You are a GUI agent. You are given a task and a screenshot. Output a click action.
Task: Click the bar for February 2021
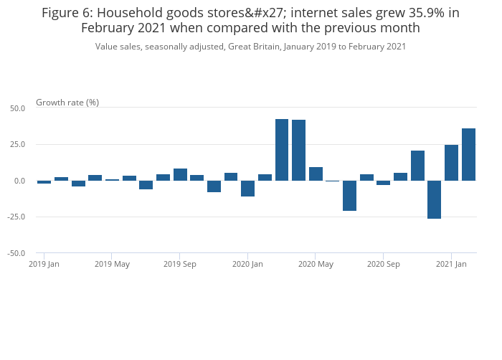pyautogui.click(x=468, y=154)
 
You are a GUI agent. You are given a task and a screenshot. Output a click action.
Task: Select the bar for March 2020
pyautogui.click(x=282, y=150)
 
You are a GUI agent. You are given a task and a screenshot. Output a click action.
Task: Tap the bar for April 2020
pyautogui.click(x=299, y=150)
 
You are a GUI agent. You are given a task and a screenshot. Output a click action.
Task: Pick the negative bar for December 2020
pyautogui.click(x=435, y=199)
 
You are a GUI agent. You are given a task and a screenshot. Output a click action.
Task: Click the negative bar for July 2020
pyautogui.click(x=349, y=196)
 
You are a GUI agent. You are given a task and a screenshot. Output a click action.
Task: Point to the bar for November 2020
pyautogui.click(x=417, y=166)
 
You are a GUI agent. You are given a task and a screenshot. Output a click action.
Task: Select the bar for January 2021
pyautogui.click(x=451, y=163)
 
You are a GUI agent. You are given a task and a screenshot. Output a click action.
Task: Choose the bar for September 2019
pyautogui.click(x=180, y=175)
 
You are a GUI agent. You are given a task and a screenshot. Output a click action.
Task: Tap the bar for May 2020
pyautogui.click(x=316, y=174)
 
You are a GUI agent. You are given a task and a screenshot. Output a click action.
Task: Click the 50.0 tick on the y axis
pyautogui.click(x=17, y=108)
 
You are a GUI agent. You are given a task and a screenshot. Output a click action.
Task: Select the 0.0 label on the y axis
pyautogui.click(x=19, y=181)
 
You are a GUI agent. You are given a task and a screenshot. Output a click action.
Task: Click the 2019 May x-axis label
pyautogui.click(x=112, y=265)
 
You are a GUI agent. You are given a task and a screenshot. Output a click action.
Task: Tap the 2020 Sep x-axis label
pyautogui.click(x=383, y=265)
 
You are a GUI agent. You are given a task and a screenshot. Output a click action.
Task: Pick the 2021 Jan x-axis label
pyautogui.click(x=451, y=265)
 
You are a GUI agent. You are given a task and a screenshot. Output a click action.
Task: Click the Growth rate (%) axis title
pyautogui.click(x=67, y=103)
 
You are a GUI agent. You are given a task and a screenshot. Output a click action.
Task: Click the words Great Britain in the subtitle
pyautogui.click(x=255, y=47)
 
